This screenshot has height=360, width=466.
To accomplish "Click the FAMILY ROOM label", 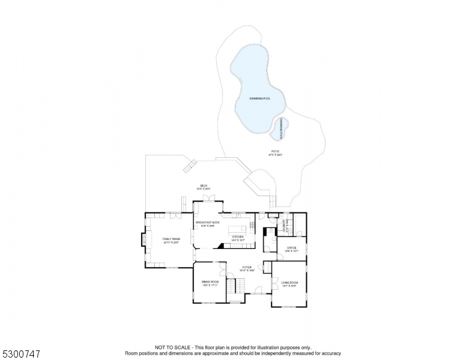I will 171,239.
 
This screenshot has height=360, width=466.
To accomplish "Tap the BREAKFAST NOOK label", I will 208,223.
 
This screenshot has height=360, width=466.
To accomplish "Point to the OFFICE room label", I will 291,247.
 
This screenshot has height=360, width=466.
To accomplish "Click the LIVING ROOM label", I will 289,282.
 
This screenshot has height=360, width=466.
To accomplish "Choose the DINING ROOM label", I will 210,281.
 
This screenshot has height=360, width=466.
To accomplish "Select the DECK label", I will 204,186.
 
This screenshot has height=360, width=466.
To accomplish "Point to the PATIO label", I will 275,151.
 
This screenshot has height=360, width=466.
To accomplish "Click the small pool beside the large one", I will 280,126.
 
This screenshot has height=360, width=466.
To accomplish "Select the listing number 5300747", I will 20,354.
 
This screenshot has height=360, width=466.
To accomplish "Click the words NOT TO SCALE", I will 172,347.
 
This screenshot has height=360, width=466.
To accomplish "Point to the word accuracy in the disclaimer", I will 330,353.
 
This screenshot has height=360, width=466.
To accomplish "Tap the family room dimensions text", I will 171,242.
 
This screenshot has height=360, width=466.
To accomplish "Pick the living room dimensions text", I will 289,286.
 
